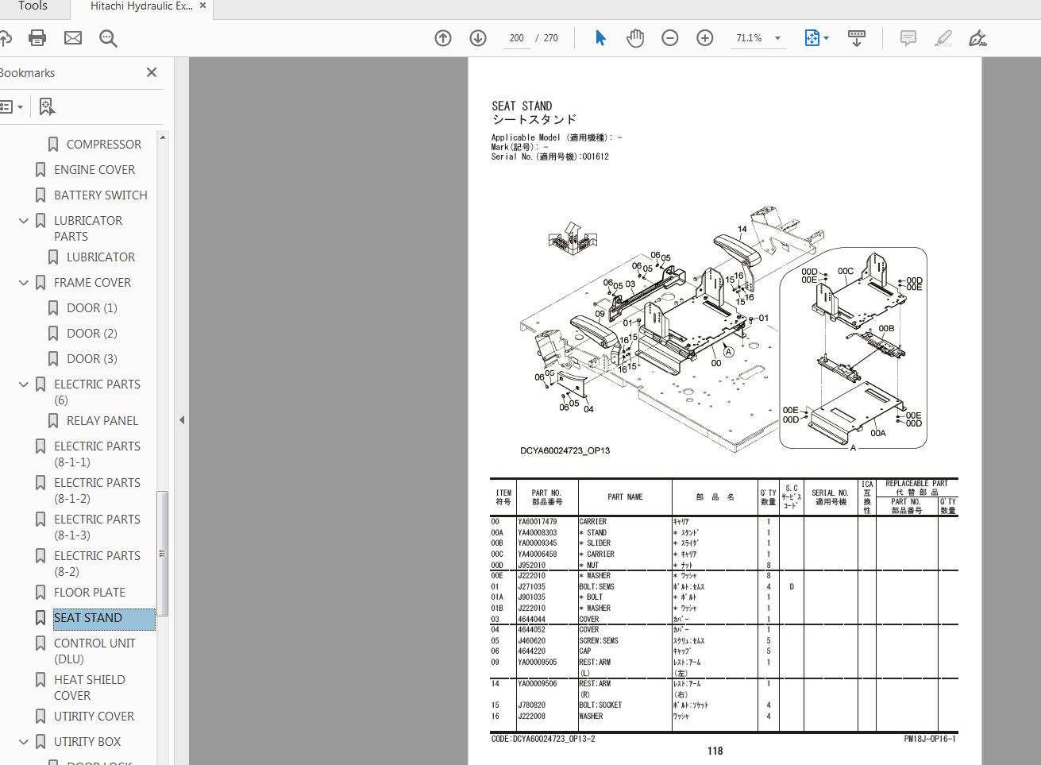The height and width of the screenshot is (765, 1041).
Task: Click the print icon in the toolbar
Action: click(x=37, y=37)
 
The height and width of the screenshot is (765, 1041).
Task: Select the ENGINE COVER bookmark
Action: click(x=94, y=170)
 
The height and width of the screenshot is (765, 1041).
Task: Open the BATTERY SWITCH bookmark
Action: click(x=100, y=195)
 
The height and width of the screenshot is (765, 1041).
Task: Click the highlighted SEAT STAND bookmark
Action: click(x=88, y=618)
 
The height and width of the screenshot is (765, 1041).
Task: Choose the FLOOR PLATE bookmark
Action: click(x=89, y=593)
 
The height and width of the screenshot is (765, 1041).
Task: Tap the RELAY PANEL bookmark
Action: click(x=102, y=421)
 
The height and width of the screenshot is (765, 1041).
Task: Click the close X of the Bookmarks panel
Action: click(x=152, y=72)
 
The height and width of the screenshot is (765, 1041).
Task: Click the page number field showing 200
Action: click(x=516, y=38)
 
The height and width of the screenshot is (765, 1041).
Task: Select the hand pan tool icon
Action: click(x=634, y=38)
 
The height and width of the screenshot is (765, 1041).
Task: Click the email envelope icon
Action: click(x=73, y=37)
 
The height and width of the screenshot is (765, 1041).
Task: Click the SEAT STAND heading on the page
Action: click(x=522, y=106)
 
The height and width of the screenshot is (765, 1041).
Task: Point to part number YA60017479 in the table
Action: click(x=538, y=522)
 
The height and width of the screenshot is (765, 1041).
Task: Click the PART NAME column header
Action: click(x=625, y=497)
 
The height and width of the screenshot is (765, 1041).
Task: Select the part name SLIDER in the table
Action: click(x=599, y=543)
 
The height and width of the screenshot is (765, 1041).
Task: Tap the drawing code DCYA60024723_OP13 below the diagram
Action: click(x=565, y=450)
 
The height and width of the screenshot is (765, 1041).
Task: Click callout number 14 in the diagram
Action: click(x=742, y=230)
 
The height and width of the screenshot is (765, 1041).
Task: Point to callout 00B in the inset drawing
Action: click(x=886, y=328)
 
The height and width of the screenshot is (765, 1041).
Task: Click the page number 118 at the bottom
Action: click(x=715, y=751)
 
